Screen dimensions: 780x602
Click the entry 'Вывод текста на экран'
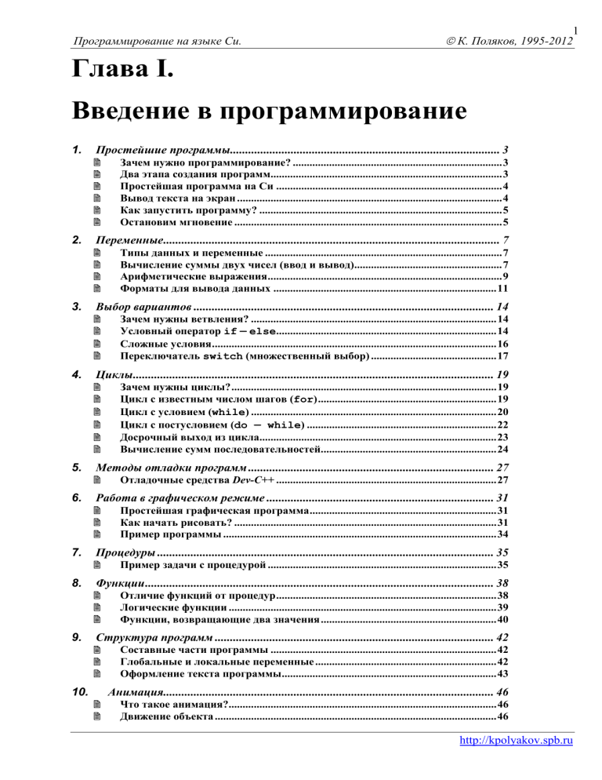[x=169, y=199]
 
